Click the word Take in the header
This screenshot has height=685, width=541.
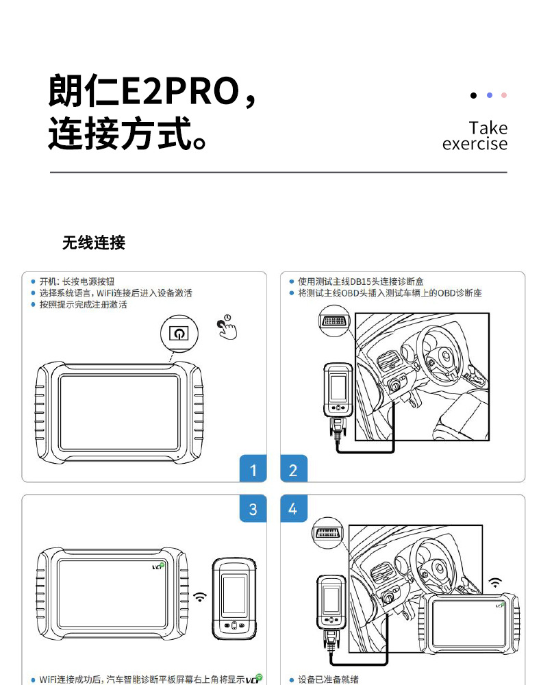point(488,128)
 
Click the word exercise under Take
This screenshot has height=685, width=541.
point(475,144)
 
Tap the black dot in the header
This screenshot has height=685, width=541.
point(473,95)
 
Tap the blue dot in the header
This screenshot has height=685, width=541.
point(489,95)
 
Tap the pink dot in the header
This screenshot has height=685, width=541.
point(504,95)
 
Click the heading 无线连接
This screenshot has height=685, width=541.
point(94,242)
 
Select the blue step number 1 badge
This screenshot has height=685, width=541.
point(253,469)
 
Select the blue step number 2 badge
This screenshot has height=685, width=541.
point(294,469)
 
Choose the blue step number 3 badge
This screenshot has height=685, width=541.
point(253,509)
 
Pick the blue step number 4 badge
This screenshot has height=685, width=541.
point(294,509)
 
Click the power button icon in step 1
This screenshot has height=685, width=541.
point(179,333)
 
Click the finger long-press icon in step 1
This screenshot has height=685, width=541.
point(227,327)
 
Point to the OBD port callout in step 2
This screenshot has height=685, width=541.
point(334,321)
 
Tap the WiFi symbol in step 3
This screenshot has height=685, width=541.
point(200,597)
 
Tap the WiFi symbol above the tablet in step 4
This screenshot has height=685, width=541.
point(495,583)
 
